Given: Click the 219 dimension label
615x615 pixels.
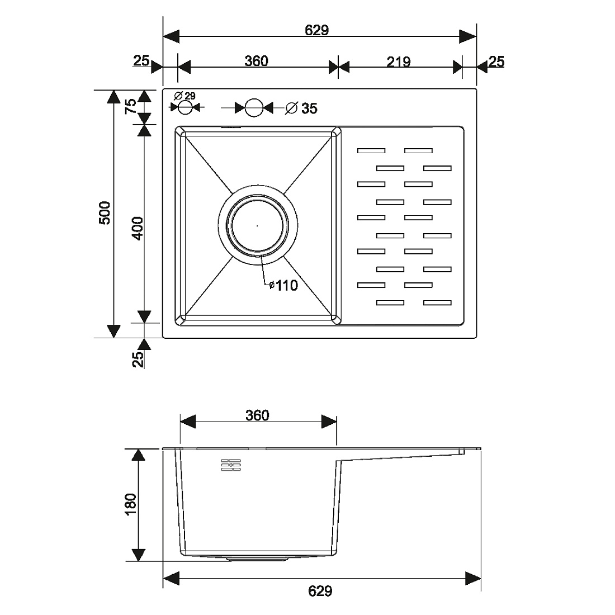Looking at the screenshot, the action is click(399, 61).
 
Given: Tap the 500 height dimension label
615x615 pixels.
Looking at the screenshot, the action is click(105, 212).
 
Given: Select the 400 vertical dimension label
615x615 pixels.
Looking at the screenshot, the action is click(138, 228).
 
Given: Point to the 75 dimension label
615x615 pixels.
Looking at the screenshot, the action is click(131, 106).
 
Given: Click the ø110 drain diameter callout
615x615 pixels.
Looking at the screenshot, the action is click(283, 286).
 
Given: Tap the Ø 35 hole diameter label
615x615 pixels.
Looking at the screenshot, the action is click(301, 108).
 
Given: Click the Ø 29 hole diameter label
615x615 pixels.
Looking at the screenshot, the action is click(184, 96).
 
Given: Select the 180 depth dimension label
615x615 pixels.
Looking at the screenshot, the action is click(131, 504).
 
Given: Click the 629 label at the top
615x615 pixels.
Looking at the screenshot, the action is click(317, 30).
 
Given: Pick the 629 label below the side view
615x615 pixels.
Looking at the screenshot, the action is click(320, 591).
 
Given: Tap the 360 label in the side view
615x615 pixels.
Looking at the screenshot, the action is click(257, 415).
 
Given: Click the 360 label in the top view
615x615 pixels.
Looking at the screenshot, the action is click(256, 61).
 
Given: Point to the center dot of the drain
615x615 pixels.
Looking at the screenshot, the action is click(257, 226).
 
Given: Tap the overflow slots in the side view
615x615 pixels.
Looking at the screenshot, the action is click(231, 465).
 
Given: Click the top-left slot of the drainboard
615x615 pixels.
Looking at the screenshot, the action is click(371, 150).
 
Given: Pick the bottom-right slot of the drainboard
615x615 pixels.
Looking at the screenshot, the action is click(437, 302).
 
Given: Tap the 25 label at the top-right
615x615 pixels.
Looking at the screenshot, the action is click(496, 61).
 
